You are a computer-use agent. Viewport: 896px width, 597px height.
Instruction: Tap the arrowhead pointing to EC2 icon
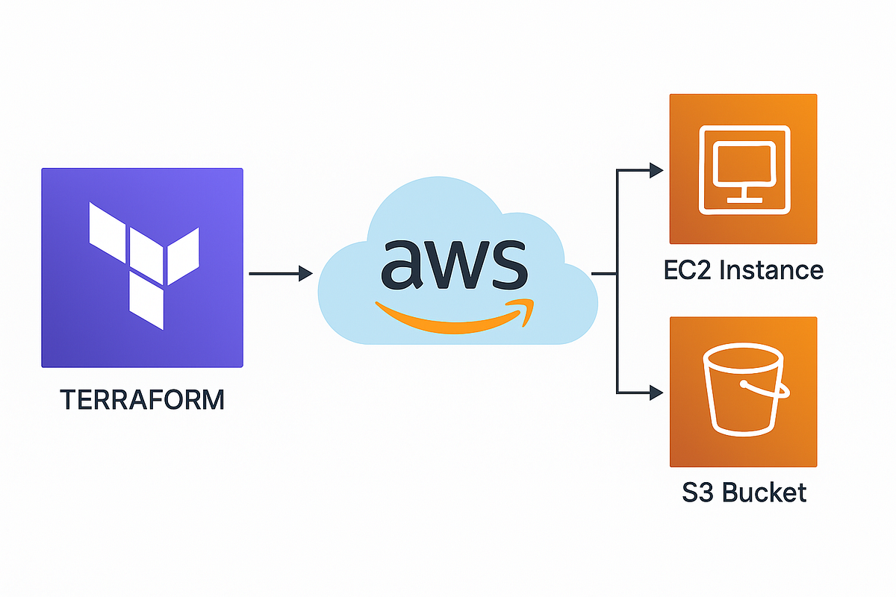pyautogui.click(x=656, y=170)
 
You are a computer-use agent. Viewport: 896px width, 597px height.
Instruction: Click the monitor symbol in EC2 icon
pyautogui.click(x=743, y=168)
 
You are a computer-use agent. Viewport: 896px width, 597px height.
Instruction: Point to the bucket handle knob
pyautogui.click(x=744, y=384)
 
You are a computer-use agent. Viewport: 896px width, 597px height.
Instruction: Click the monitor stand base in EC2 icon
pyautogui.click(x=743, y=199)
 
